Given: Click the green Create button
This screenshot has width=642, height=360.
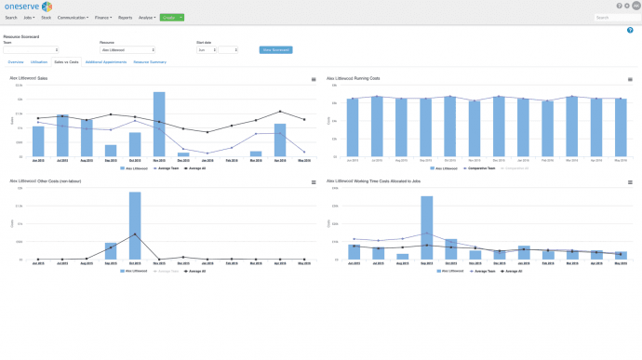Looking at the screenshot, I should point(171,18).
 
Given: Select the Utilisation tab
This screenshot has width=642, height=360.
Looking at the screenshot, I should point(38,61).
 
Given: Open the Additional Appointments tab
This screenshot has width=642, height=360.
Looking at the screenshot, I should point(105,61).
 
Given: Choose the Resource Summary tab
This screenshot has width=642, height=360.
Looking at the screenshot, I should point(150,61).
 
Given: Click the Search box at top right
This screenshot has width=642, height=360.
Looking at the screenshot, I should point(615,18).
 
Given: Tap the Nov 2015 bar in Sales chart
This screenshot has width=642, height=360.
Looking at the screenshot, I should point(159,124).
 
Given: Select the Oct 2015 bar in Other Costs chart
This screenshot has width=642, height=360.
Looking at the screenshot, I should point(135,225).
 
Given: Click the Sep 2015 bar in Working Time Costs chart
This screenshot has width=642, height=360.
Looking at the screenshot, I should point(427,227).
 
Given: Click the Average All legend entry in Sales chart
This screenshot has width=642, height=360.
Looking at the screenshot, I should point(194,168).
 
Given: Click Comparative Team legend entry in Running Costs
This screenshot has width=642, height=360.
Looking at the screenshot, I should point(479,168).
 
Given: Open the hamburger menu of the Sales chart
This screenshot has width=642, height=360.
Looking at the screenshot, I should point(314,80).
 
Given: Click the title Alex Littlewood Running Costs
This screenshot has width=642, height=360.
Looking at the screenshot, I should point(354,79).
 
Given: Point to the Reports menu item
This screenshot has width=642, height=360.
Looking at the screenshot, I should point(125,18).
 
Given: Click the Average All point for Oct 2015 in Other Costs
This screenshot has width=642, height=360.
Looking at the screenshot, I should point(135,234).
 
